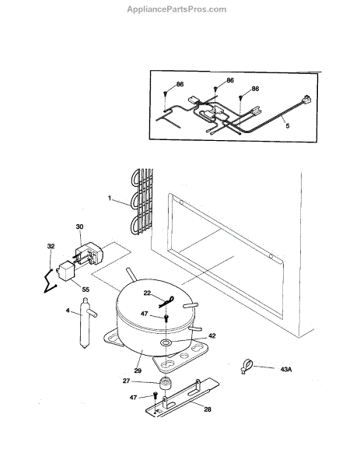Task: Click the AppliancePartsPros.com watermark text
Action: pyautogui.click(x=177, y=9)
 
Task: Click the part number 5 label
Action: pyautogui.click(x=288, y=126)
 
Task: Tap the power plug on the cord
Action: pyautogui.click(x=306, y=100)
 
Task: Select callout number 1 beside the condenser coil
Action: pyautogui.click(x=110, y=198)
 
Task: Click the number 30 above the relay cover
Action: pyautogui.click(x=79, y=226)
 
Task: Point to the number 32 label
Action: pyautogui.click(x=51, y=246)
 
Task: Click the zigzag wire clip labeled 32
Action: pyautogui.click(x=50, y=281)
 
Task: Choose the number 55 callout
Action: pyautogui.click(x=86, y=290)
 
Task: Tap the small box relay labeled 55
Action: pyautogui.click(x=65, y=271)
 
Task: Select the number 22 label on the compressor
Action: pyautogui.click(x=147, y=293)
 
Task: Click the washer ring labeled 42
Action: pyautogui.click(x=166, y=342)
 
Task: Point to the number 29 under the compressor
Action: pyautogui.click(x=138, y=370)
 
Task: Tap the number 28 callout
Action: pyautogui.click(x=208, y=409)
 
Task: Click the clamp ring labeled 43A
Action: pyautogui.click(x=246, y=366)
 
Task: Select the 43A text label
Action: pyautogui.click(x=286, y=370)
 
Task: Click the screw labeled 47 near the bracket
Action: pyautogui.click(x=155, y=396)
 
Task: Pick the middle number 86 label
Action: pyautogui.click(x=230, y=80)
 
